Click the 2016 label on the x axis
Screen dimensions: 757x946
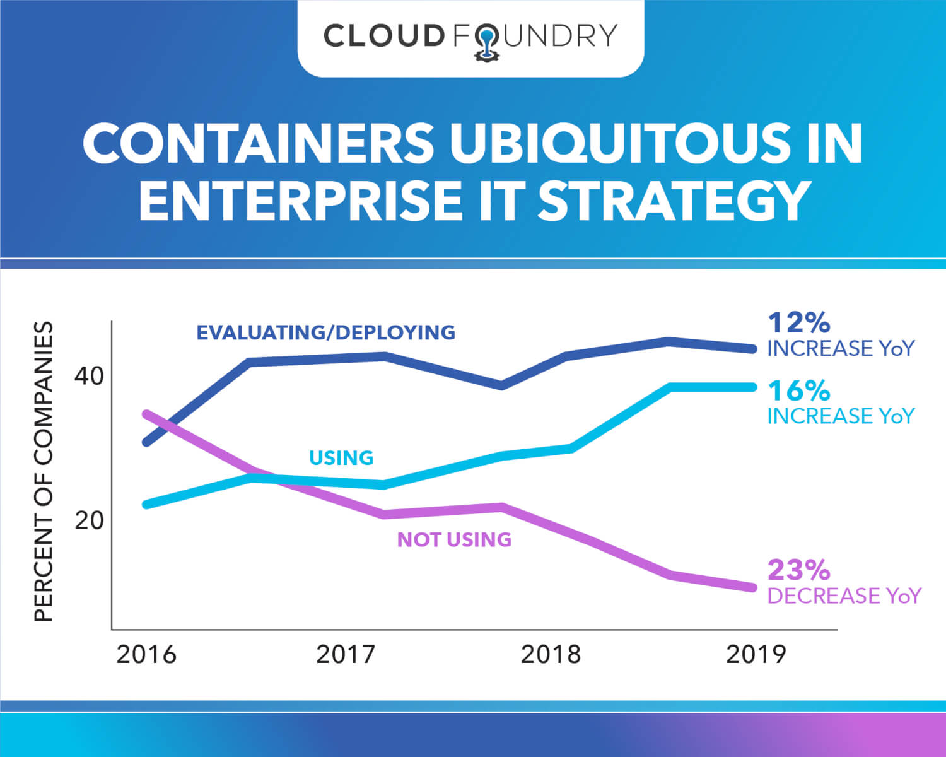click(146, 655)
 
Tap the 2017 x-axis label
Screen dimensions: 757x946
click(346, 655)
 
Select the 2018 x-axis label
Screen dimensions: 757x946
click(551, 655)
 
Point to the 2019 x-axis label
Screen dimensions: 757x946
click(756, 655)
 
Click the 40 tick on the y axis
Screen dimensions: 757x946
click(89, 377)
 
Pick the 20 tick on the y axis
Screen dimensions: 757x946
click(89, 520)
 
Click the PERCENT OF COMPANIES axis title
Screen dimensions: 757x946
click(44, 472)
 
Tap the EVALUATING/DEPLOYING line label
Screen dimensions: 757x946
click(325, 332)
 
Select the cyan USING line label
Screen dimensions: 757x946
click(341, 458)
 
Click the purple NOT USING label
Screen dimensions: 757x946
click(454, 540)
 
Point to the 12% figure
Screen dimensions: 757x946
click(798, 323)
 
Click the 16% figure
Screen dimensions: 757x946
click(798, 391)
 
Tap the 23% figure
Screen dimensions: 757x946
click(798, 570)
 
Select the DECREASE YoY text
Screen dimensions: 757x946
click(844, 596)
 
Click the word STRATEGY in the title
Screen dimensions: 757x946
click(674, 201)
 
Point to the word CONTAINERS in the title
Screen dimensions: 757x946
click(259, 143)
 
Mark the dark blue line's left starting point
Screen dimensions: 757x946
click(146, 442)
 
